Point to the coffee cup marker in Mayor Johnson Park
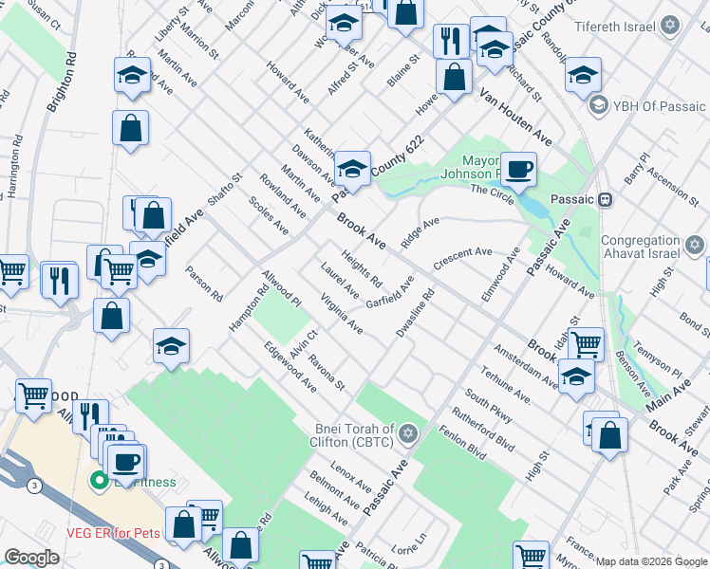pos(518,171)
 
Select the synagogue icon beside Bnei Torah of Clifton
pos(409,434)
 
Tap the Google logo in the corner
pos(31,558)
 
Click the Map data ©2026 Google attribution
pos(651,561)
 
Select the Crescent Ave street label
pos(462,259)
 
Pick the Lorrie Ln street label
pos(410,547)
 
